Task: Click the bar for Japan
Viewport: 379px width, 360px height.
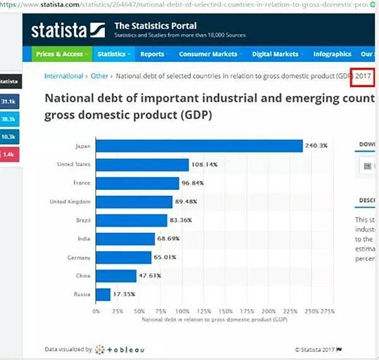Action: click(x=199, y=146)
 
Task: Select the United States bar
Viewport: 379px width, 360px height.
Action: click(x=142, y=165)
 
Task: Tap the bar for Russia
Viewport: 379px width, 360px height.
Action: click(x=103, y=294)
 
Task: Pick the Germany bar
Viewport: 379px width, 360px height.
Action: click(x=124, y=258)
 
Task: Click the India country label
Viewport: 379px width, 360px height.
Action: click(x=83, y=239)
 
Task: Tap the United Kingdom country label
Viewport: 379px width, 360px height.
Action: click(x=70, y=201)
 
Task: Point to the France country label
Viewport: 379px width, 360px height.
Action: click(x=81, y=183)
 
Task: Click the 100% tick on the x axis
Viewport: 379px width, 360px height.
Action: click(x=182, y=311)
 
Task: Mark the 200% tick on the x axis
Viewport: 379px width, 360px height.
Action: click(x=268, y=311)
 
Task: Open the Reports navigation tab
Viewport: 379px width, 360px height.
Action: click(x=152, y=54)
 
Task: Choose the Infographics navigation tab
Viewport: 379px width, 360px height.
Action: click(x=332, y=54)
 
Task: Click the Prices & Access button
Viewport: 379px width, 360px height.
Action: click(x=59, y=54)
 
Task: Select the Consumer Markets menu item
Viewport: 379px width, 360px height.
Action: click(x=208, y=54)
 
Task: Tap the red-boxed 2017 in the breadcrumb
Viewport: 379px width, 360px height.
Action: click(x=363, y=76)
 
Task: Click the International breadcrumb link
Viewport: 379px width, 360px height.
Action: click(x=63, y=76)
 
